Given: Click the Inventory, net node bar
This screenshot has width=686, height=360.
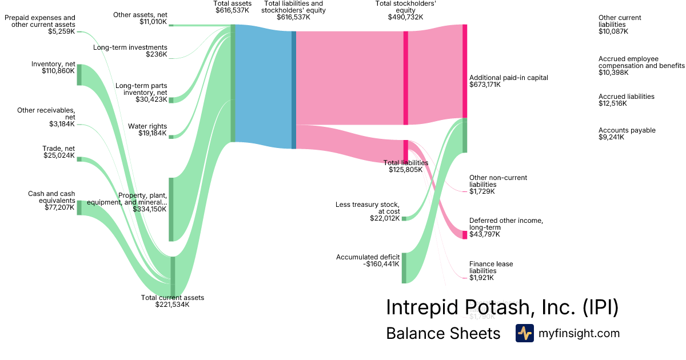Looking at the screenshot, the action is click(x=79, y=75).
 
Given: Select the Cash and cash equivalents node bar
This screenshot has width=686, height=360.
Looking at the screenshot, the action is click(x=79, y=208).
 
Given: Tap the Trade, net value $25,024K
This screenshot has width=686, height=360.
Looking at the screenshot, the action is click(x=59, y=155).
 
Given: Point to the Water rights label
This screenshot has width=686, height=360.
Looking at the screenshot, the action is click(x=147, y=126).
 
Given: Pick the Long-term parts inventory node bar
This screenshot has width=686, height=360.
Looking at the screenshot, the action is click(x=171, y=100).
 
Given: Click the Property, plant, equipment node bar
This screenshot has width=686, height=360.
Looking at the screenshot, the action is click(x=171, y=209).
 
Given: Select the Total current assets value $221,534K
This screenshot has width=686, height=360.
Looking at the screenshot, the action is click(x=172, y=305).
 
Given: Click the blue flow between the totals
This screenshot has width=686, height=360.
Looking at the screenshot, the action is click(x=263, y=86).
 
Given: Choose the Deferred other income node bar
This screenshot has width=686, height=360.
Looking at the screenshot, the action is click(x=465, y=235).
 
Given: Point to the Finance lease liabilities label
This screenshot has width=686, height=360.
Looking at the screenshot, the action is click(x=491, y=267).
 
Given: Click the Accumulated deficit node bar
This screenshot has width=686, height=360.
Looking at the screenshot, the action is click(x=404, y=267).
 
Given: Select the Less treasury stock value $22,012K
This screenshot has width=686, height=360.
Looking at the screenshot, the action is click(x=385, y=218).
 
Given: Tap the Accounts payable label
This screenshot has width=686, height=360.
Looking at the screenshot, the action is click(x=627, y=130).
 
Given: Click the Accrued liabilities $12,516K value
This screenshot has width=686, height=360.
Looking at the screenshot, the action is click(x=613, y=103).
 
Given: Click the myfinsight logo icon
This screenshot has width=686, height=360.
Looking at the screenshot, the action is click(x=524, y=333).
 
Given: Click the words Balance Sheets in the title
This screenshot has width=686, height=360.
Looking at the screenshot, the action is click(x=443, y=333).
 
